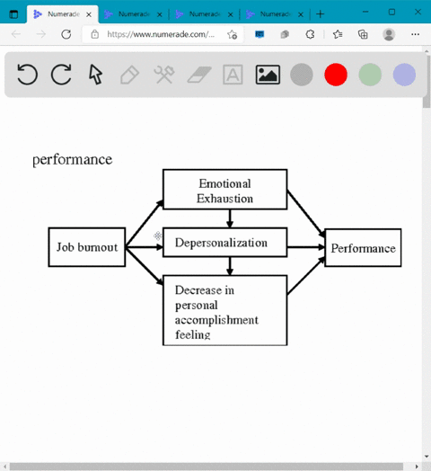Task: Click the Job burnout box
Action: [87, 247]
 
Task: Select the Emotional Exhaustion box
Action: [224, 190]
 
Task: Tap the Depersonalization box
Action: [224, 243]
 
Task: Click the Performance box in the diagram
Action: [363, 247]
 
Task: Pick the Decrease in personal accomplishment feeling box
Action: [224, 310]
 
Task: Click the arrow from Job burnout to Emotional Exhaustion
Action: [145, 223]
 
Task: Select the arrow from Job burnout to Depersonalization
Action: [144, 247]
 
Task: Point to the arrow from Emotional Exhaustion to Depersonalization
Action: [230, 218]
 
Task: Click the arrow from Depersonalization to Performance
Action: [306, 247]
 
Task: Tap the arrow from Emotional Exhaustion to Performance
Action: [306, 214]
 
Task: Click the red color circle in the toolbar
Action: [336, 75]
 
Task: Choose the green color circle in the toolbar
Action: [370, 75]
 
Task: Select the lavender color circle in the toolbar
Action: [404, 75]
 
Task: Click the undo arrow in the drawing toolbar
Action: [27, 75]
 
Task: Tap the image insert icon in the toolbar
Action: [268, 75]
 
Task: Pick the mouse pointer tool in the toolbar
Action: [95, 75]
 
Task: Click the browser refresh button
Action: [66, 34]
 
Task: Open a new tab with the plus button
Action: [321, 14]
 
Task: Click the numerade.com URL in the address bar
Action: [161, 34]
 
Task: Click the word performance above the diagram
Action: [73, 159]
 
